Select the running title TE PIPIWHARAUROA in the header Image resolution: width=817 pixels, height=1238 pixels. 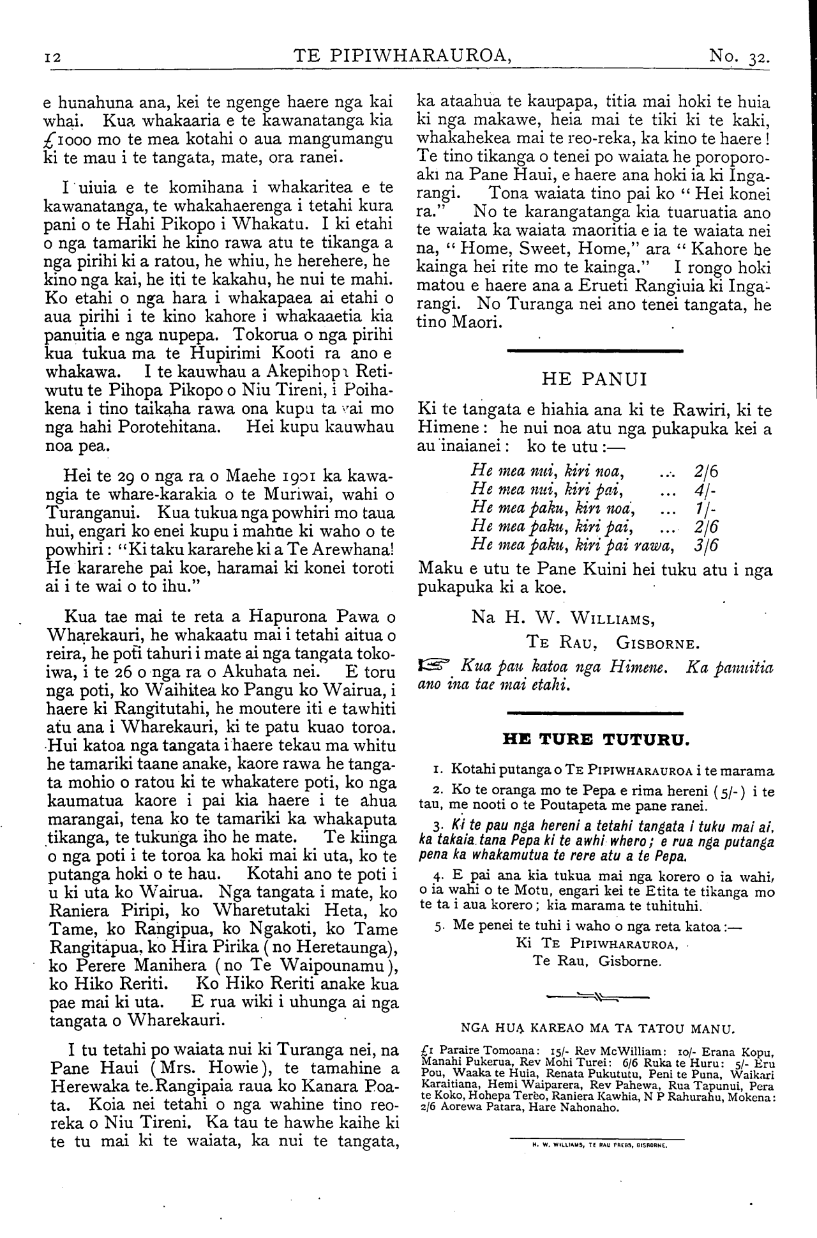click(x=403, y=56)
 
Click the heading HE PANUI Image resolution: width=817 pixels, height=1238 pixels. click(x=594, y=379)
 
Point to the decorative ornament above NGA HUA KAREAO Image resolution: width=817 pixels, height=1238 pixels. click(x=598, y=995)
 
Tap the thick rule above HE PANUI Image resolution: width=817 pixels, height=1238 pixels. click(x=594, y=351)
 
